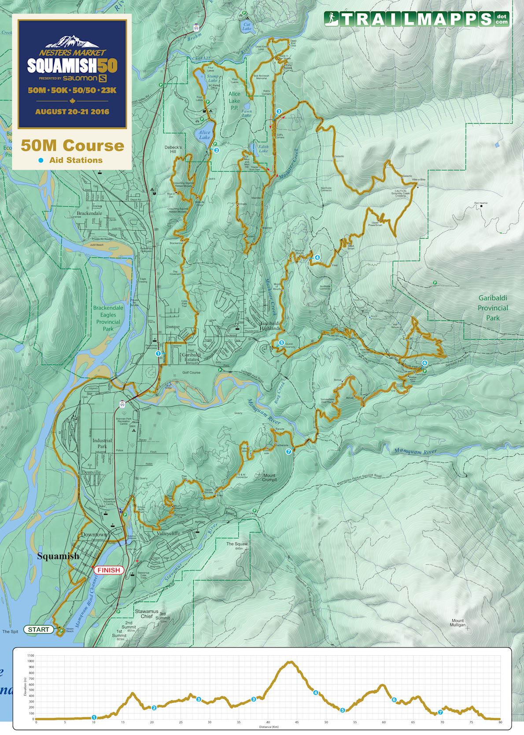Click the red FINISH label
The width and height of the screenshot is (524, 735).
pyautogui.click(x=109, y=570)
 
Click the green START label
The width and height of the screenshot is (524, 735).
pyautogui.click(x=39, y=629)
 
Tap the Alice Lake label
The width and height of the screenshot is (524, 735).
pyautogui.click(x=204, y=135)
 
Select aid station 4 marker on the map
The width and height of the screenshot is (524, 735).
pyautogui.click(x=317, y=257)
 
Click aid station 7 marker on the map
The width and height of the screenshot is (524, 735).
pyautogui.click(x=288, y=452)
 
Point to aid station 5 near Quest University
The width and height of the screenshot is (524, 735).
pyautogui.click(x=281, y=342)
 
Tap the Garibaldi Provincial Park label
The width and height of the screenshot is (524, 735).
pyautogui.click(x=493, y=308)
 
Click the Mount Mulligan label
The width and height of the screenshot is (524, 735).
pyautogui.click(x=458, y=623)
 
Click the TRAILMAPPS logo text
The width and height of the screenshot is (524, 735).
pyautogui.click(x=416, y=19)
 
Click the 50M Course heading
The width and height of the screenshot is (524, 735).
pyautogui.click(x=72, y=145)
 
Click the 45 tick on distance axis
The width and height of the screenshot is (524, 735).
pyautogui.click(x=297, y=721)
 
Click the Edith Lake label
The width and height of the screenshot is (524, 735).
pyautogui.click(x=263, y=149)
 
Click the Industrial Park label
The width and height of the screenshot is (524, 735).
pyautogui.click(x=102, y=443)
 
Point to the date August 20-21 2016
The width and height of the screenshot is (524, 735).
pyautogui.click(x=72, y=111)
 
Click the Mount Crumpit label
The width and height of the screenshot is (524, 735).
pyautogui.click(x=269, y=478)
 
